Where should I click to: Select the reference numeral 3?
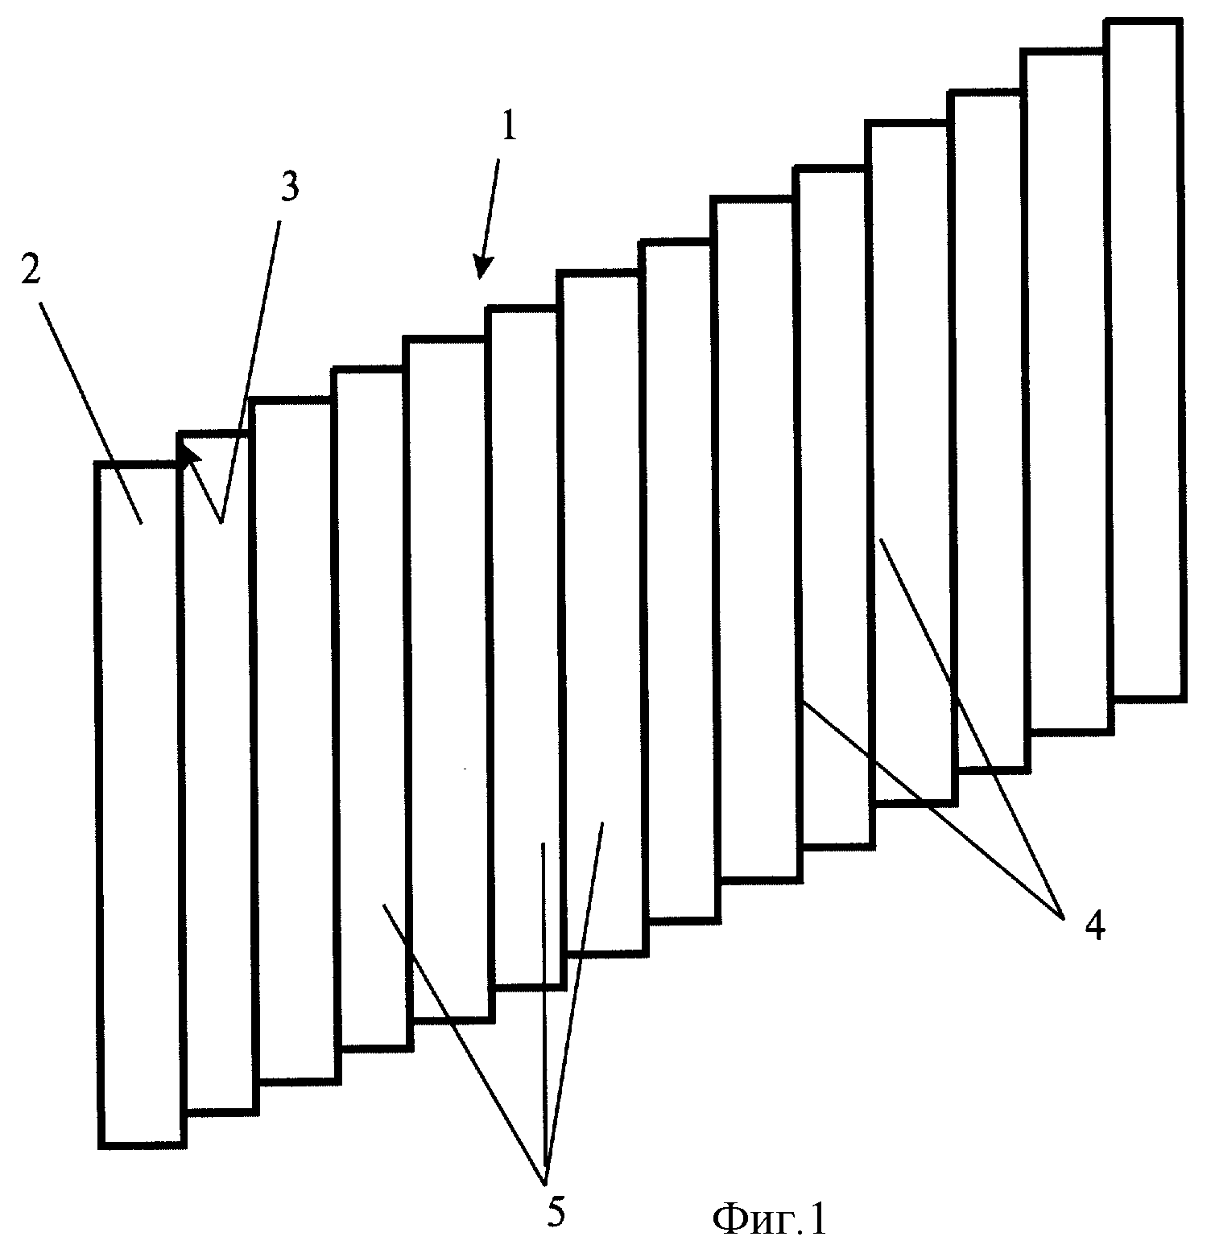point(289,187)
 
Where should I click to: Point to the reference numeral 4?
point(1095,928)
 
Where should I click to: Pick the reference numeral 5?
point(556,1212)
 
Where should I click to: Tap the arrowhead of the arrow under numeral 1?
point(482,267)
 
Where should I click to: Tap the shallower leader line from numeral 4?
point(932,808)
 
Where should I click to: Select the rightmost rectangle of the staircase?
point(1145,358)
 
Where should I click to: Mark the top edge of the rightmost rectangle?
point(1144,22)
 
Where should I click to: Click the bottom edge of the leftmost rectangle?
point(142,1144)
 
